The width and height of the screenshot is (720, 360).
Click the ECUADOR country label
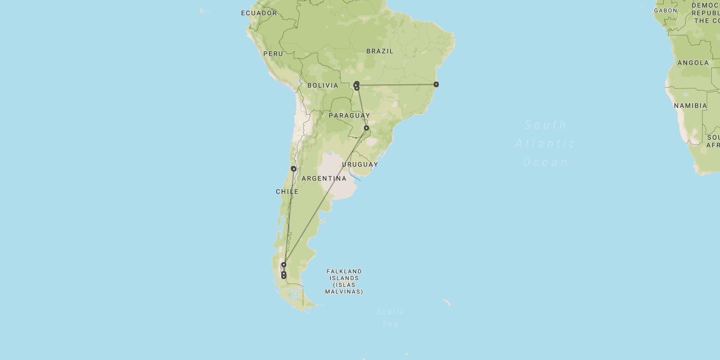click(259, 13)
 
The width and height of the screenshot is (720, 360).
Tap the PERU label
click(273, 54)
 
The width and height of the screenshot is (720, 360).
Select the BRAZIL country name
click(380, 51)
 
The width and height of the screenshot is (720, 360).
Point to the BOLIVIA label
click(323, 85)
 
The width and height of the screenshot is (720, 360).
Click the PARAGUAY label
click(349, 116)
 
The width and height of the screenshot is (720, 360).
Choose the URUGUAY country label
click(360, 165)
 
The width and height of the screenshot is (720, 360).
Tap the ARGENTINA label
click(324, 179)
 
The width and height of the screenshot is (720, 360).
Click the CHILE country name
click(287, 192)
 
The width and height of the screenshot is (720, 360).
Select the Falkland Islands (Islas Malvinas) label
click(344, 281)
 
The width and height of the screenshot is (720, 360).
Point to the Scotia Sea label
click(390, 318)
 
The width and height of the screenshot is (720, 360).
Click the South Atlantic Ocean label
click(546, 143)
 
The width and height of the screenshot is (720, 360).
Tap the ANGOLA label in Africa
click(693, 63)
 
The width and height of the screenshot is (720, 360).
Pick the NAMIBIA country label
click(690, 106)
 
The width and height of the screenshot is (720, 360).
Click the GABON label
click(665, 11)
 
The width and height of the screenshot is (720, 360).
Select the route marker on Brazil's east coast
click(436, 84)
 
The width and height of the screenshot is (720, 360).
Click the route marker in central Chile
click(294, 169)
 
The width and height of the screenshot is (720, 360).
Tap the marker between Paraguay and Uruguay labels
click(366, 128)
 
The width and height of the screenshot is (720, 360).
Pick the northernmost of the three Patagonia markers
click(284, 264)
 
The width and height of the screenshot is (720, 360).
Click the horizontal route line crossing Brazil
click(397, 85)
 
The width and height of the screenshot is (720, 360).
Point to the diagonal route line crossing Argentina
click(326, 195)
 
